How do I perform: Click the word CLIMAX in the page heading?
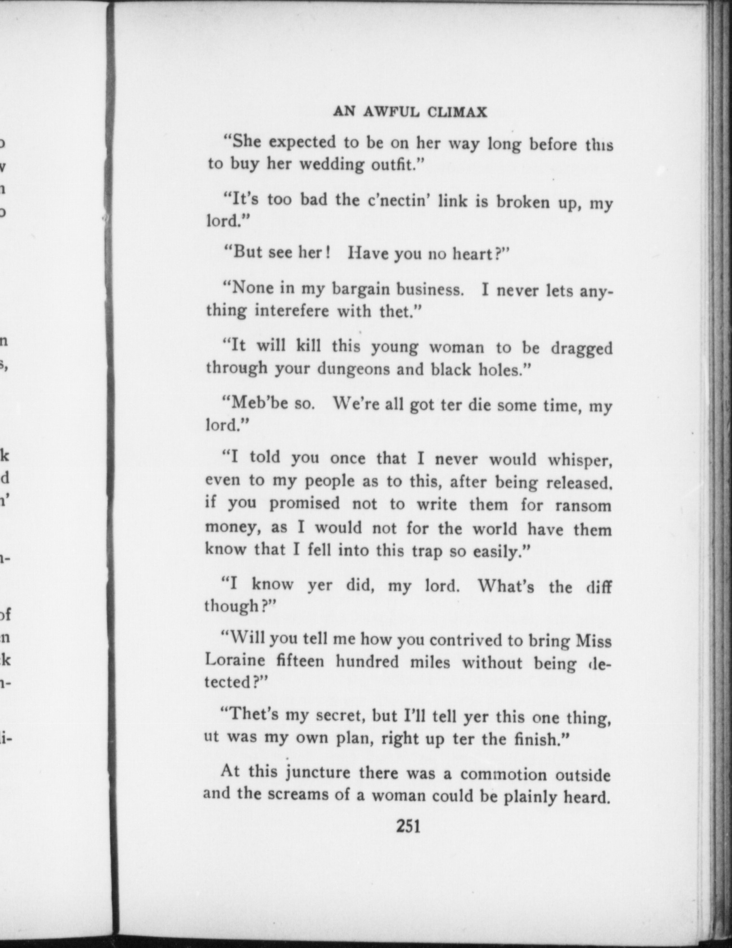point(457,112)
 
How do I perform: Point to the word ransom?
point(583,505)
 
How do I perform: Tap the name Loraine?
point(235,660)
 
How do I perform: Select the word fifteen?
point(301,661)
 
